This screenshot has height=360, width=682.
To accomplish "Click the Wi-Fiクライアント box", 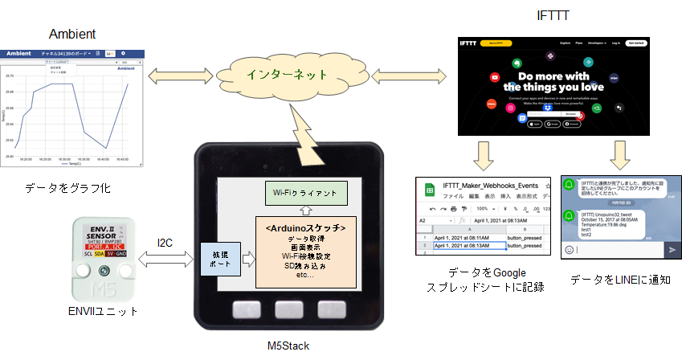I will point(306,193).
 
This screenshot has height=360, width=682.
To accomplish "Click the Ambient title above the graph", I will point(72,35).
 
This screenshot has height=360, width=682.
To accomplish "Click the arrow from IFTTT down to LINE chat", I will point(621,155).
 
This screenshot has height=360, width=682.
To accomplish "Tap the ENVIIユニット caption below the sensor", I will point(107,311).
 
